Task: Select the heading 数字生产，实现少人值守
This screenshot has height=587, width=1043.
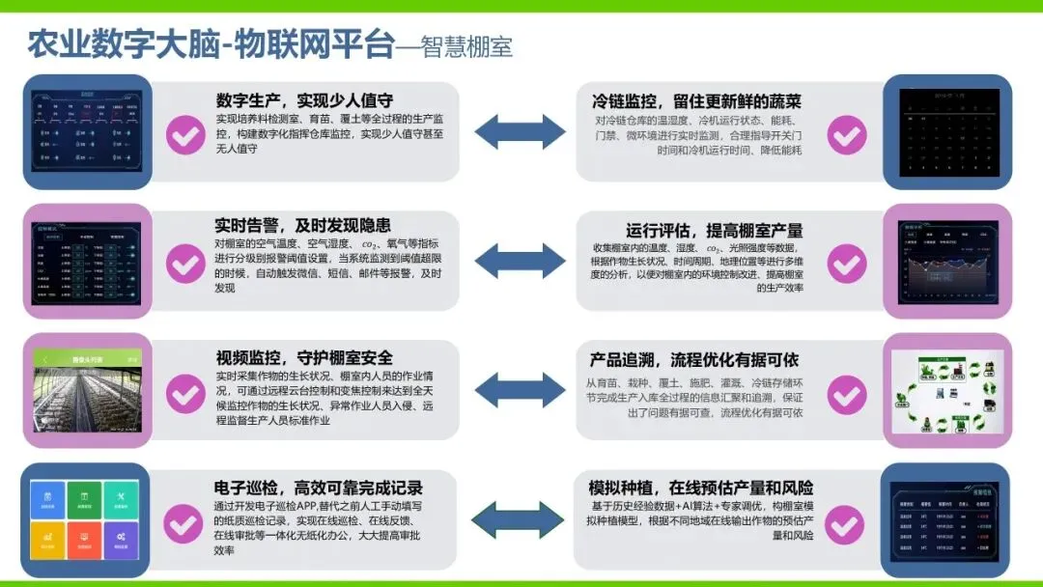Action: (304, 100)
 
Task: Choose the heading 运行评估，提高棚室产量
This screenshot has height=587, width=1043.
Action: (714, 231)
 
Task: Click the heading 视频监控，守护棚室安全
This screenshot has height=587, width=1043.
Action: (304, 357)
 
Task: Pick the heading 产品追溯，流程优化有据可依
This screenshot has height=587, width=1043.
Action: (694, 359)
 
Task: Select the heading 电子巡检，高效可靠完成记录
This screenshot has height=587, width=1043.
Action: (318, 488)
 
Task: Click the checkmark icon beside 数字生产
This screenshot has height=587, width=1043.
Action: (185, 135)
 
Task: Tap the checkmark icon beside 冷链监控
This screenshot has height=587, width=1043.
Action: (847, 135)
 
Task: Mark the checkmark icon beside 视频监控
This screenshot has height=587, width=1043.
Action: (185, 393)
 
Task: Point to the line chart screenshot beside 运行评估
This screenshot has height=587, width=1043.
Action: (946, 261)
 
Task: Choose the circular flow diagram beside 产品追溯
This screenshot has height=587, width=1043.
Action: (946, 391)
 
